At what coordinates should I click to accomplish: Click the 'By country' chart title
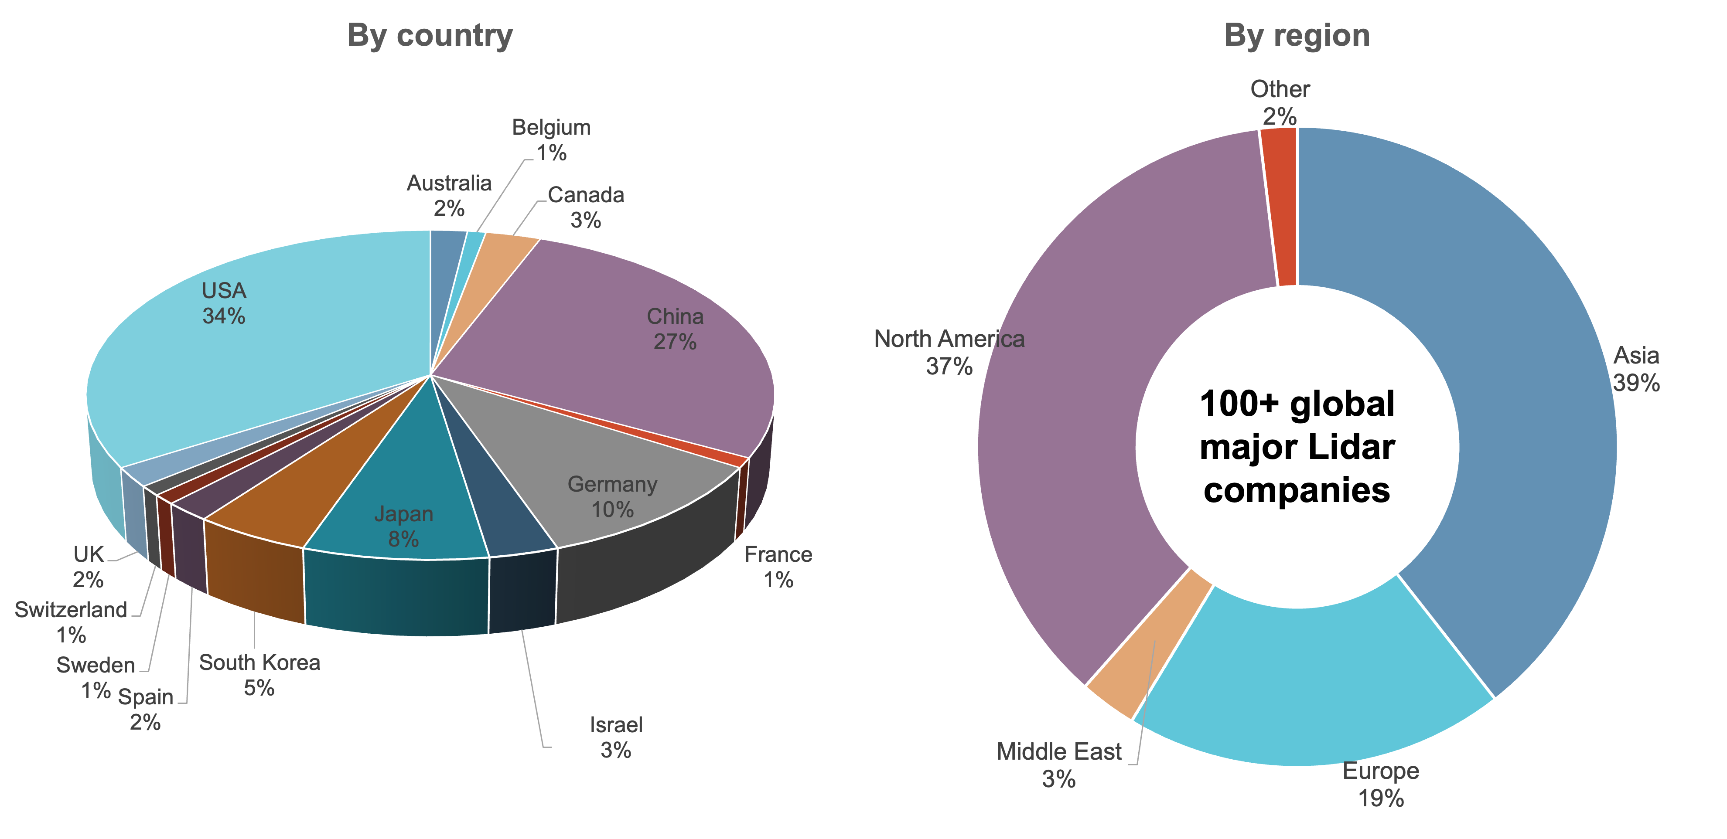430,35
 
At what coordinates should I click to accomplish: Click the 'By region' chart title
1297,35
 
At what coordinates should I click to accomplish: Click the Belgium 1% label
551,139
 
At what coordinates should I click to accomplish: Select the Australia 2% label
449,195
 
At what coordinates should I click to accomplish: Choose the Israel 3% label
615,737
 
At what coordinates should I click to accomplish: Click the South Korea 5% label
259,675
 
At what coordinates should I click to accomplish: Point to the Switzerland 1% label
71,622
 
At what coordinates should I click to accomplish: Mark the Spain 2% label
146,709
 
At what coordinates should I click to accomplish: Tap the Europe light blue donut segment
1314,683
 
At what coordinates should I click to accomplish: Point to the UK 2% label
89,566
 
